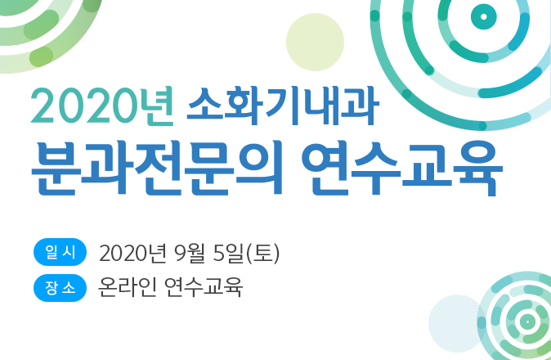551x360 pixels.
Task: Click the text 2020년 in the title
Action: coord(102,106)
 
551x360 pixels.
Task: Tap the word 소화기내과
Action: coord(280,106)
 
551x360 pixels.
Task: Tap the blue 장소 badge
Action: coord(60,288)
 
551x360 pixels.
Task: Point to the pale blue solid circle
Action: coord(457,323)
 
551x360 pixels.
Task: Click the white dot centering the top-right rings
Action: coord(483,16)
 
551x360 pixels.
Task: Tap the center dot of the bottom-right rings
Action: coord(526,320)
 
